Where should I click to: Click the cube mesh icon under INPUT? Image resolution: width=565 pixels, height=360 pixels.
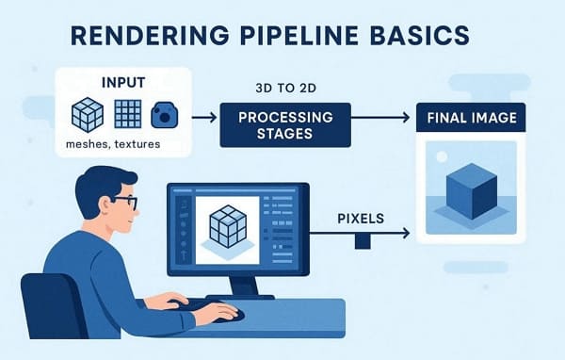click(x=87, y=115)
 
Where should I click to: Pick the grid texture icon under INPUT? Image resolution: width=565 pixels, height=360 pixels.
click(x=127, y=115)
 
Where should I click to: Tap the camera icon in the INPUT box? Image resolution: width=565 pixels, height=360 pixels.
click(x=165, y=115)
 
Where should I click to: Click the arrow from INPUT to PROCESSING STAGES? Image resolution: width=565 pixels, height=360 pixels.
click(x=202, y=119)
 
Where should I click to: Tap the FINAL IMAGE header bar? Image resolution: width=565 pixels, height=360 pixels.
click(x=469, y=120)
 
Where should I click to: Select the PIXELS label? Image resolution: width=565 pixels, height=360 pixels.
click(x=361, y=218)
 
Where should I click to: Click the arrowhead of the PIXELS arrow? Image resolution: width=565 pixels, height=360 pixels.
click(x=406, y=233)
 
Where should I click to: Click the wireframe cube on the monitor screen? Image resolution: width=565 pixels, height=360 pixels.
click(x=226, y=226)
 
